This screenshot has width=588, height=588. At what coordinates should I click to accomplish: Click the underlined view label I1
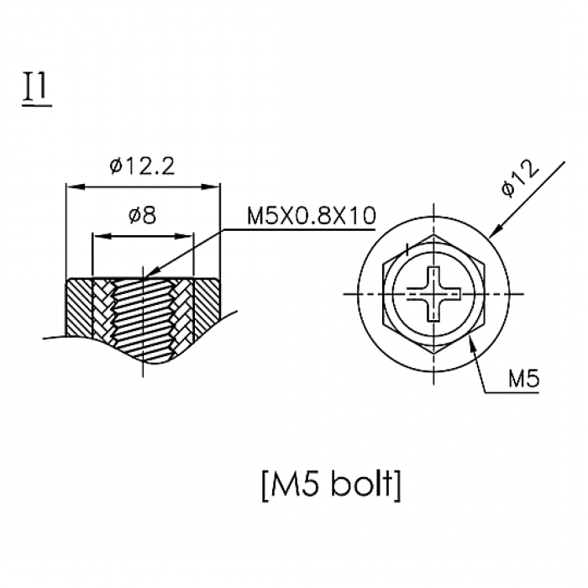pyautogui.click(x=37, y=88)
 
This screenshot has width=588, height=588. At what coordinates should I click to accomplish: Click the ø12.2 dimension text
pyautogui.click(x=143, y=165)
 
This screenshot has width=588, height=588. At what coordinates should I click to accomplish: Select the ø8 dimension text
pyautogui.click(x=142, y=216)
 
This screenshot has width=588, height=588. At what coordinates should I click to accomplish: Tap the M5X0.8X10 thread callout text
pyautogui.click(x=312, y=216)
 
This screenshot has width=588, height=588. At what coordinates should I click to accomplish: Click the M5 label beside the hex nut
pyautogui.click(x=524, y=378)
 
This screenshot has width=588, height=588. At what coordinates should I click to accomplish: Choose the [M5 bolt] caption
pyautogui.click(x=331, y=485)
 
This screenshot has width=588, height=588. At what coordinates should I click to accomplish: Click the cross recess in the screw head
pyautogui.click(x=434, y=294)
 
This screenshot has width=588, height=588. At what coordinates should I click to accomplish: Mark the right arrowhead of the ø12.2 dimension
pyautogui.click(x=210, y=186)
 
